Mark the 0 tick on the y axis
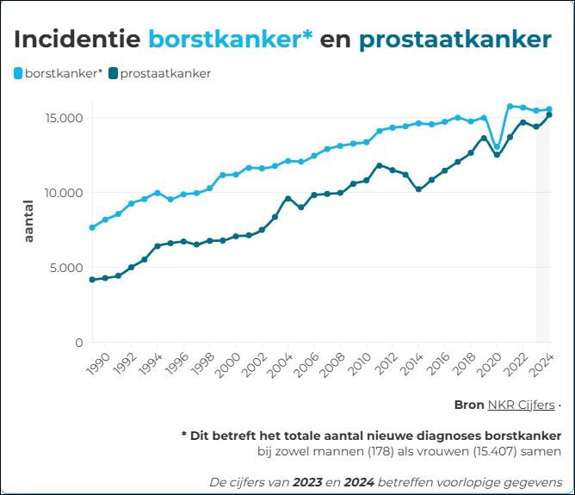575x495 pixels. pyautogui.click(x=79, y=343)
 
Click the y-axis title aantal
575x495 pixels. pyautogui.click(x=28, y=221)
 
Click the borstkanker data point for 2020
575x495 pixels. pyautogui.click(x=497, y=146)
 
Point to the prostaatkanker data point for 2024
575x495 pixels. pyautogui.click(x=549, y=114)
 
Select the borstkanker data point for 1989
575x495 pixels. pyautogui.click(x=92, y=227)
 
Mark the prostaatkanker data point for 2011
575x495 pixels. pyautogui.click(x=379, y=165)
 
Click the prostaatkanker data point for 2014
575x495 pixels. pyautogui.click(x=418, y=189)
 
